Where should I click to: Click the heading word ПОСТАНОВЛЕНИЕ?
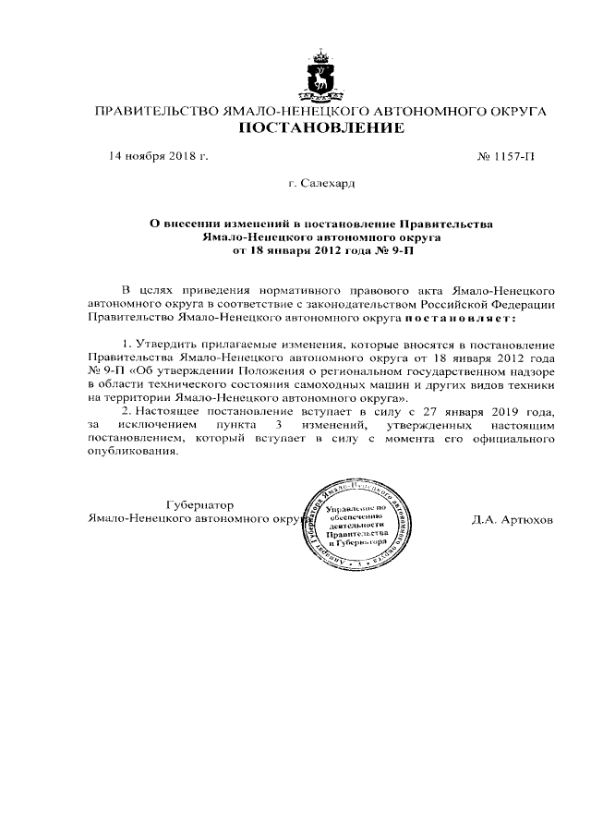pyautogui.click(x=320, y=128)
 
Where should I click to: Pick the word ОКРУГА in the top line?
pyautogui.click(x=511, y=112)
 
